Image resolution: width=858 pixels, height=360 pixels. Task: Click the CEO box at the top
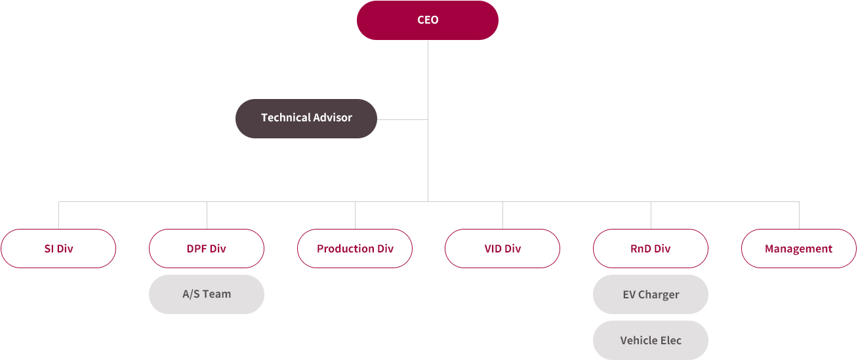point(428,20)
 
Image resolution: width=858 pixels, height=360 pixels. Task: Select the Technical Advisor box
point(306,119)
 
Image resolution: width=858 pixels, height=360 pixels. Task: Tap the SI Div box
point(58,249)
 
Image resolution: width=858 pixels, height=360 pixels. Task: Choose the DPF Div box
point(207,249)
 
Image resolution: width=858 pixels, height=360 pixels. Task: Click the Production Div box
point(355,249)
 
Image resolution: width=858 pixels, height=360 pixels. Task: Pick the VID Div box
point(502,249)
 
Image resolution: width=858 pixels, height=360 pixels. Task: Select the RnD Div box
point(651,249)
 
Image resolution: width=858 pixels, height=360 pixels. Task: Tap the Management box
point(799,249)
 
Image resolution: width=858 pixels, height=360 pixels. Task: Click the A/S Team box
point(207,294)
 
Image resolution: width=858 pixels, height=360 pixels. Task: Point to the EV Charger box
point(651,294)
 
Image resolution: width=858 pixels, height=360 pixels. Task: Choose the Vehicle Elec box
point(651,340)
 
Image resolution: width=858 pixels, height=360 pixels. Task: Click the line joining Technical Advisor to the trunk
point(403,119)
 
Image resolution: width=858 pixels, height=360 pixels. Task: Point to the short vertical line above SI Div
point(58,215)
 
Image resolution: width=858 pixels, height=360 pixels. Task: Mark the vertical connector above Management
point(799,215)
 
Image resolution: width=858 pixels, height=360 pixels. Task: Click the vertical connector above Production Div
point(355,215)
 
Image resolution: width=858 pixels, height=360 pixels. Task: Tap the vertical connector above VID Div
point(502,215)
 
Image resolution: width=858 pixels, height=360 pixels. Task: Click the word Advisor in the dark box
point(332,117)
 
